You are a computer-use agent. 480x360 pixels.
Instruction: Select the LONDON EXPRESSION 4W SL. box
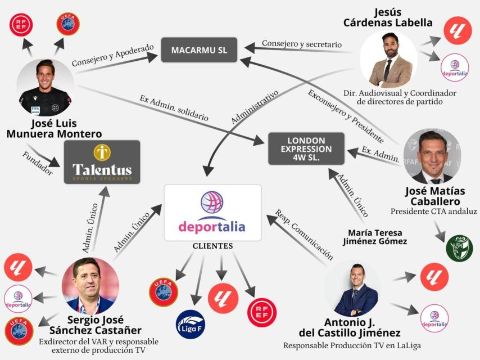click(x=306, y=148)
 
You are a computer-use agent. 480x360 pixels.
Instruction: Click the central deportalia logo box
click(x=212, y=212)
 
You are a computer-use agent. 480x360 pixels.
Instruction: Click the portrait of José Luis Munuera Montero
click(x=45, y=87)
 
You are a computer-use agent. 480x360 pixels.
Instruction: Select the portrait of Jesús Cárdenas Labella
click(x=388, y=59)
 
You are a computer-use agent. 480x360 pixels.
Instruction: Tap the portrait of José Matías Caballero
click(x=432, y=156)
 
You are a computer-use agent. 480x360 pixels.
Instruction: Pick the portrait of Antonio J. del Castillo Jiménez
click(x=356, y=289)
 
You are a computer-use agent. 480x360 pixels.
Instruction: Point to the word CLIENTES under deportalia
click(x=212, y=246)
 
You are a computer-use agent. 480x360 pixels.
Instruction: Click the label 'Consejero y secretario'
click(x=301, y=44)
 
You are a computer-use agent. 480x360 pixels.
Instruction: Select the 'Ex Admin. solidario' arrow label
click(x=174, y=108)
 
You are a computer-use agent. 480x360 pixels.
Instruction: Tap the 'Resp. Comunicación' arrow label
click(x=304, y=235)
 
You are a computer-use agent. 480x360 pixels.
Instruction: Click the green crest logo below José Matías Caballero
click(x=459, y=247)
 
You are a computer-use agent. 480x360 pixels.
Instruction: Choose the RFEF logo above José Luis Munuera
click(x=21, y=24)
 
